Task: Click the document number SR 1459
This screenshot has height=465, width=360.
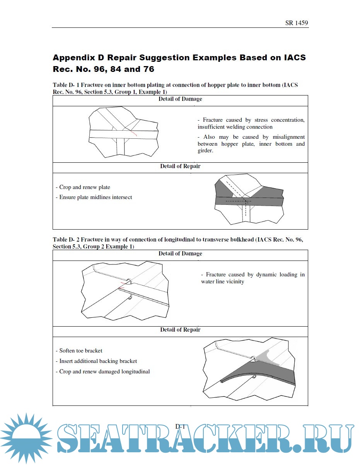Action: (x=297, y=23)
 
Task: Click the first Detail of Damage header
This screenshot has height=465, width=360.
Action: (x=180, y=99)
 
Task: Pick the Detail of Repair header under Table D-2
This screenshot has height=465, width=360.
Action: (x=180, y=330)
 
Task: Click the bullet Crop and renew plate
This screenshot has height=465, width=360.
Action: (x=84, y=187)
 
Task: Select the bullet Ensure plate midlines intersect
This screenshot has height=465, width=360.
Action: (x=96, y=197)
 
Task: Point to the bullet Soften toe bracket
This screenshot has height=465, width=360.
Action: (x=80, y=351)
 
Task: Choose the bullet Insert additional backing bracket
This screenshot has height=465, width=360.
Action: (x=98, y=361)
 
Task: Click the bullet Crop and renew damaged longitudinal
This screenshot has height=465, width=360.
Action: (x=104, y=371)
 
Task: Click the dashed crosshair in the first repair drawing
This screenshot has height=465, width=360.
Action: (x=246, y=201)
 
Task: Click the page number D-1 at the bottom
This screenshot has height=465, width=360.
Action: (x=180, y=427)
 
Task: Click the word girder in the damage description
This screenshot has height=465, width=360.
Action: (x=205, y=151)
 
